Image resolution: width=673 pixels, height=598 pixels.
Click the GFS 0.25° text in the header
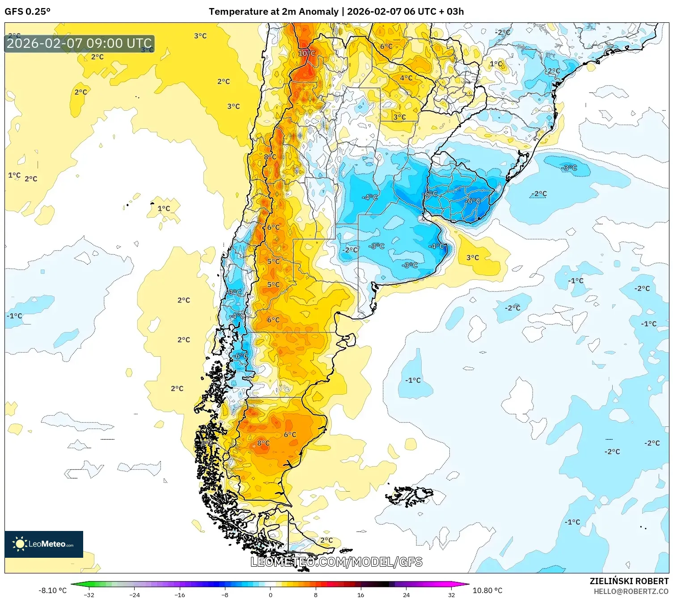tap(27, 12)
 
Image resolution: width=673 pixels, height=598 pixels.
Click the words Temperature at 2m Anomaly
tap(273, 12)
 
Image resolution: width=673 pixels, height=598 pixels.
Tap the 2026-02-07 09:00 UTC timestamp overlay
tap(79, 44)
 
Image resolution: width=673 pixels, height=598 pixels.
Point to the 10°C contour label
tap(307, 53)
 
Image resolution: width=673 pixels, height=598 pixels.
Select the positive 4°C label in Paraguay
tap(406, 78)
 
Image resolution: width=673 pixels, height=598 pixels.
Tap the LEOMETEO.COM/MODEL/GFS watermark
tap(336, 562)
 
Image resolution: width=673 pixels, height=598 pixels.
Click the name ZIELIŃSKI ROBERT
tap(629, 581)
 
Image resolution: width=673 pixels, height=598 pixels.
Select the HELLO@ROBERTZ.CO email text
tap(631, 591)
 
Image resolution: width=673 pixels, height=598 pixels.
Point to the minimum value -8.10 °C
tap(52, 590)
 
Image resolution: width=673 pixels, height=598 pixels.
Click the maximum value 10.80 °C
tap(487, 590)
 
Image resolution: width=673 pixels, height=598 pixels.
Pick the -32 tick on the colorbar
tap(89, 595)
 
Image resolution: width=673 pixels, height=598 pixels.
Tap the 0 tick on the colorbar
tap(270, 595)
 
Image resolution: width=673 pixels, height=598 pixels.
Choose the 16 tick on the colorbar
tap(360, 595)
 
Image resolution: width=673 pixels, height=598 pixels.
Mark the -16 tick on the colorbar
tap(179, 595)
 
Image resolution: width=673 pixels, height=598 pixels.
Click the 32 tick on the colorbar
tap(451, 595)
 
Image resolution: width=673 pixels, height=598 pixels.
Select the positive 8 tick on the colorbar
tap(315, 595)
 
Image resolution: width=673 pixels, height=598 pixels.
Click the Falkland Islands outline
tap(411, 495)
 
